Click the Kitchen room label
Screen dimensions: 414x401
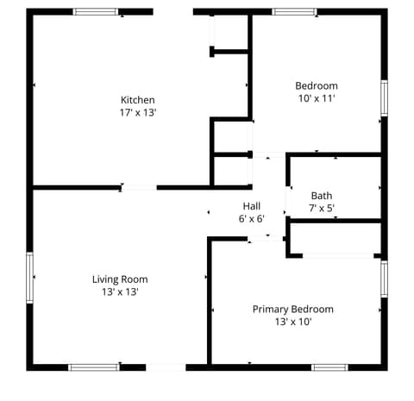pos(138,100)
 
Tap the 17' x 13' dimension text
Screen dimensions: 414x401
pos(138,112)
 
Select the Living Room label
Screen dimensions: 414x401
pos(120,279)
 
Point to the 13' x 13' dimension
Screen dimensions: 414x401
pos(120,291)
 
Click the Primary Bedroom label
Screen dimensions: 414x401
pos(293,310)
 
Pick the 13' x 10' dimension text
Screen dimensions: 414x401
pos(293,322)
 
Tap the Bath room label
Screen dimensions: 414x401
pos(322,196)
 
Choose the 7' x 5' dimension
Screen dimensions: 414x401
pos(322,208)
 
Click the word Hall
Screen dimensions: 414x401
pos(252,206)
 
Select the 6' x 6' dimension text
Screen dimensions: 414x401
pos(252,219)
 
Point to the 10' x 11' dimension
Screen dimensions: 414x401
pos(317,98)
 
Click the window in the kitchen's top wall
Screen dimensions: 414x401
pos(96,12)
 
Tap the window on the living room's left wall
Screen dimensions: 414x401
pos(30,278)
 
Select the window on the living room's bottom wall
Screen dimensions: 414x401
pos(94,367)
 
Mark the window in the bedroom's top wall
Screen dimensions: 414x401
pos(294,12)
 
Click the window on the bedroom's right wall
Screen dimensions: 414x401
pos(384,98)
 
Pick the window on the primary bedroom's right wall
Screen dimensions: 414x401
pos(384,279)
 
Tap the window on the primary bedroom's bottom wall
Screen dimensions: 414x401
pos(329,367)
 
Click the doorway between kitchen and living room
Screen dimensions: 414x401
pos(139,188)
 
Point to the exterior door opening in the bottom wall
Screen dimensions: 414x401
pos(166,367)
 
